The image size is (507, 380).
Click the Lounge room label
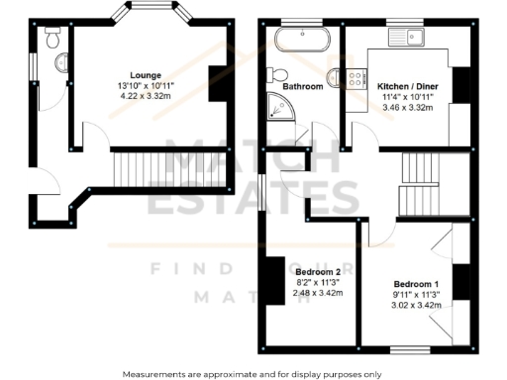point(146,73)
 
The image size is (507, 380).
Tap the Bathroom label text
point(302,87)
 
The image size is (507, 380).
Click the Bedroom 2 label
point(317,271)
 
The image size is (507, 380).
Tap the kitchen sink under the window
point(406,39)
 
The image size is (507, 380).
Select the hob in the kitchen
point(354,77)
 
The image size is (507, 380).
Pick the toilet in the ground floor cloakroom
point(54,39)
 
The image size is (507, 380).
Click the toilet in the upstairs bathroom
point(277,76)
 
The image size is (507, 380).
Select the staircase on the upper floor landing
point(416,183)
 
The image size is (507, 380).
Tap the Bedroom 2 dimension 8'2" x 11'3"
point(317,282)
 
